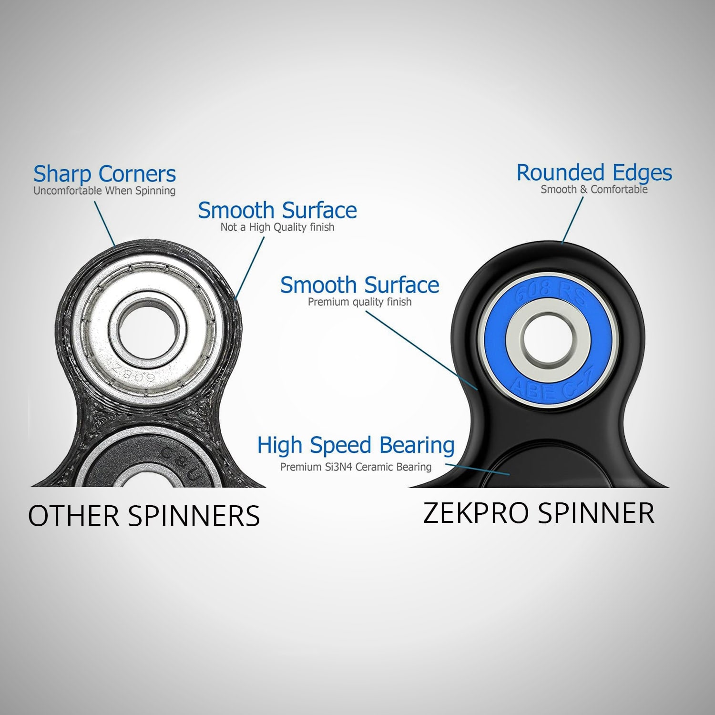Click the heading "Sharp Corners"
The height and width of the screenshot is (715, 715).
pyautogui.click(x=104, y=174)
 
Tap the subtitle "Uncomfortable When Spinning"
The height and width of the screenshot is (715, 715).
pyautogui.click(x=104, y=191)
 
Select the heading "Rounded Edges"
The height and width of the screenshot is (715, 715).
pyautogui.click(x=594, y=173)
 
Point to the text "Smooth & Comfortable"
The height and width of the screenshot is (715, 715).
pyautogui.click(x=594, y=190)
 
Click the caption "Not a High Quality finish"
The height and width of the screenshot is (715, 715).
pyautogui.click(x=277, y=227)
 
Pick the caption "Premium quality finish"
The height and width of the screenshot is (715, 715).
pyautogui.click(x=359, y=302)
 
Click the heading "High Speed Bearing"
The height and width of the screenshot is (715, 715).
pyautogui.click(x=356, y=445)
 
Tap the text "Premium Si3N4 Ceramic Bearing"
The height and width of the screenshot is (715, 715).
pyautogui.click(x=356, y=467)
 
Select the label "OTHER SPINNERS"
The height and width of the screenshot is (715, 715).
pyautogui.click(x=144, y=516)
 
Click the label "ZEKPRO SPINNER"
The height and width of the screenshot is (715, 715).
pyautogui.click(x=539, y=513)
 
